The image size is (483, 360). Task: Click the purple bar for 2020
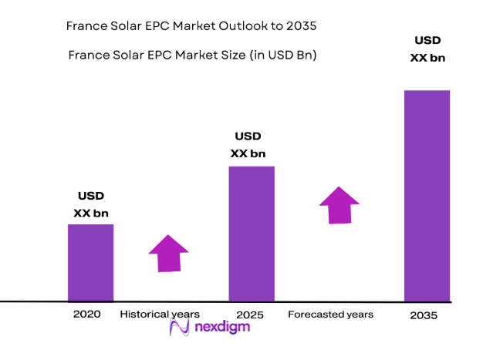click(x=91, y=262)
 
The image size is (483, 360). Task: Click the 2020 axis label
click(x=87, y=315)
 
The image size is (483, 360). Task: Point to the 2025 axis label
click(x=250, y=315)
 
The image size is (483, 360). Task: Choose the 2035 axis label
click(x=423, y=315)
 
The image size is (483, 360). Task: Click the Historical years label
click(x=160, y=315)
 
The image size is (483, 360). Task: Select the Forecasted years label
click(x=330, y=315)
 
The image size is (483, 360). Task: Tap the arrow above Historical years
click(x=169, y=253)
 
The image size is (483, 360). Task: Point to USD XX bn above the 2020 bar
click(x=90, y=204)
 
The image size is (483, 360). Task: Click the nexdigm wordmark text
click(x=221, y=327)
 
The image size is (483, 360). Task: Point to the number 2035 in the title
click(x=301, y=25)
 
